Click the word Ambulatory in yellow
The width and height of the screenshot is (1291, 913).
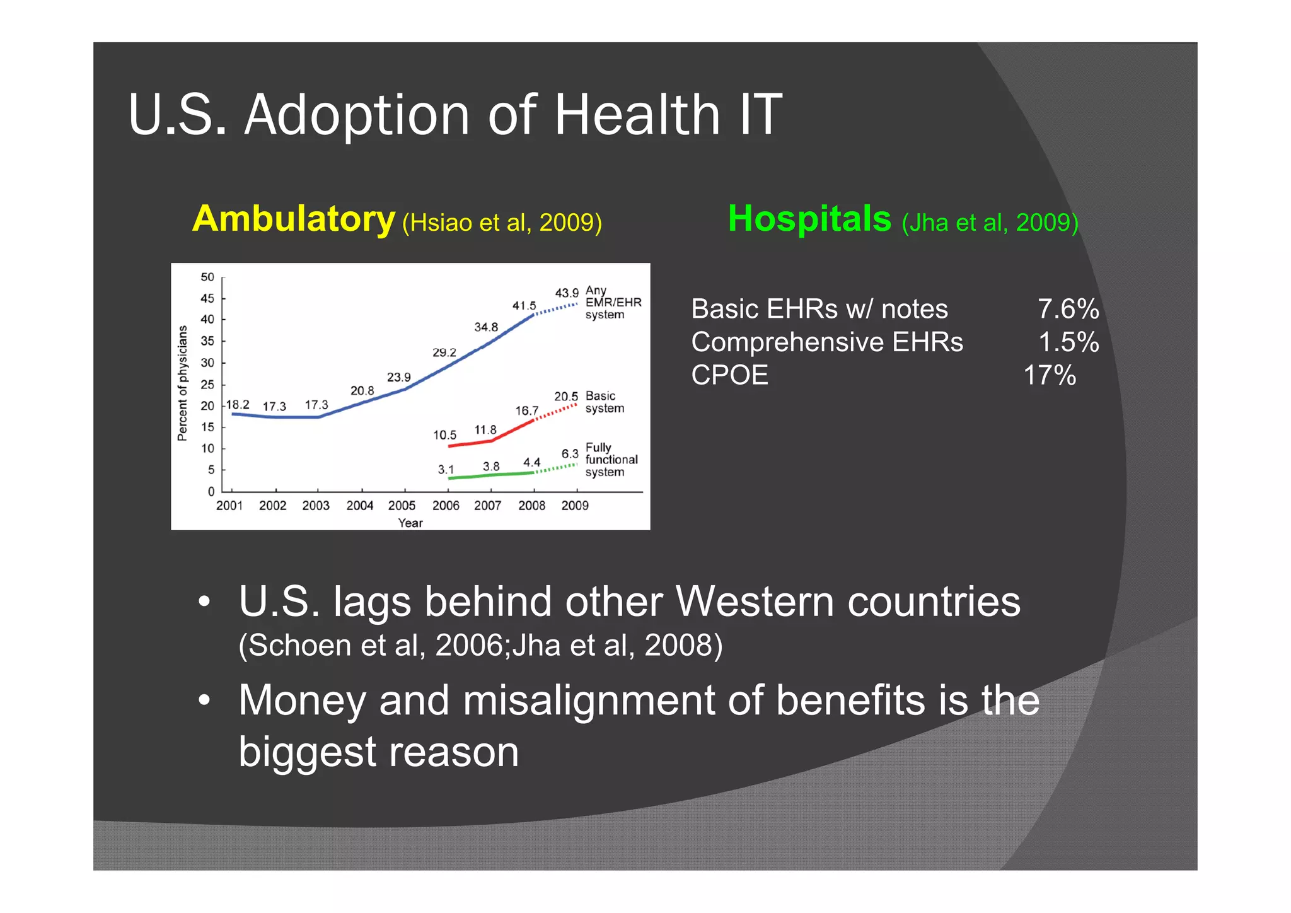[x=293, y=219]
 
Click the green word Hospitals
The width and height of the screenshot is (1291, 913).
[x=809, y=219]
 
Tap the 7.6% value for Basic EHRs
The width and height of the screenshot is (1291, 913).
[x=1068, y=309]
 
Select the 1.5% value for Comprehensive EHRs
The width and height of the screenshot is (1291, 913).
[x=1068, y=342]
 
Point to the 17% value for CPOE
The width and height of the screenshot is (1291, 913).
[x=1050, y=375]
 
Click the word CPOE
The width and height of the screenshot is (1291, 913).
[x=729, y=375]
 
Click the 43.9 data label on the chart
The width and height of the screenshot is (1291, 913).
[x=566, y=293]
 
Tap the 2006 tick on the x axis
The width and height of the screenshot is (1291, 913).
[x=446, y=506]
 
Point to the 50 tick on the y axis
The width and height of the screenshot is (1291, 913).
[x=207, y=277]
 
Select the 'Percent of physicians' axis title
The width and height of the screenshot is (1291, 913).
[x=183, y=383]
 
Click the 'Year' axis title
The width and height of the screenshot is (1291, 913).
[x=410, y=523]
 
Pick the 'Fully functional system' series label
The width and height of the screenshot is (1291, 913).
[x=610, y=460]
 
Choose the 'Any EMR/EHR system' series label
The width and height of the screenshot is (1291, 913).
[x=612, y=302]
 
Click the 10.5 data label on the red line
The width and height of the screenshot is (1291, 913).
[x=444, y=435]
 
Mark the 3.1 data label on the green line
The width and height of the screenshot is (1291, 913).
[x=446, y=470]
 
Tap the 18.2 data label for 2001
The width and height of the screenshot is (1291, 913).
[x=238, y=405]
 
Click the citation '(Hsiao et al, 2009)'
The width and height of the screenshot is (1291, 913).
[x=502, y=223]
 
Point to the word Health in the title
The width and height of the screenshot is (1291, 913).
[x=637, y=115]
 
